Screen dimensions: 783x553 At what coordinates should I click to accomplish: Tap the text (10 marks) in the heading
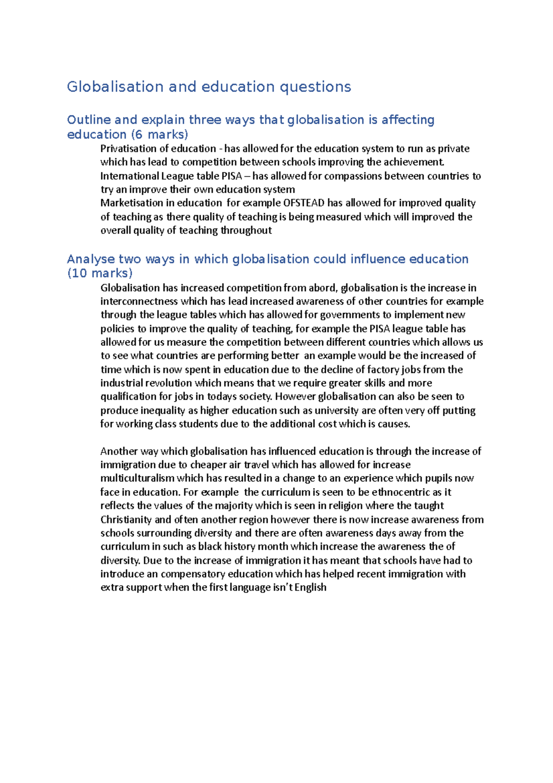pos(100,273)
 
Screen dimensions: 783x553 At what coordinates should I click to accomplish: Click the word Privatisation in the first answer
pos(128,148)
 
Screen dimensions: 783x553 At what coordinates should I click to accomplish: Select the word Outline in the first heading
pos(88,120)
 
